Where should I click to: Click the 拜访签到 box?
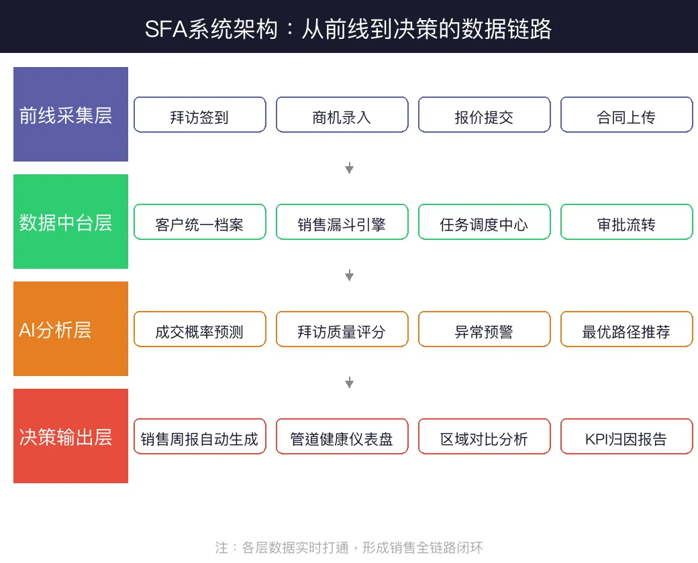(x=200, y=115)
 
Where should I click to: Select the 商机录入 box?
(x=342, y=115)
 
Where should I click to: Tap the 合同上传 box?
(x=626, y=115)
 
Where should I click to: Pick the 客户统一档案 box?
(x=200, y=222)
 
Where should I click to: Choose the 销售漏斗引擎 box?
(x=342, y=222)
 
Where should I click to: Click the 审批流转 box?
(x=626, y=222)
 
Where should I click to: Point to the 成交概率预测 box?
(x=200, y=329)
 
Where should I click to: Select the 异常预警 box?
(x=484, y=329)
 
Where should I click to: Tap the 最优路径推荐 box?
(x=626, y=329)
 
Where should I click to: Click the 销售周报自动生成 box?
(x=200, y=436)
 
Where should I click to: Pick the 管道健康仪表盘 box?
(x=342, y=436)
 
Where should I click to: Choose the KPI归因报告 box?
(x=626, y=436)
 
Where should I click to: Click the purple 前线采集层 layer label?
(x=70, y=115)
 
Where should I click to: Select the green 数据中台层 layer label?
(x=70, y=222)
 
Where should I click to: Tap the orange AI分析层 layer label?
(x=70, y=329)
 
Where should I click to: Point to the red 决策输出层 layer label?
(x=70, y=436)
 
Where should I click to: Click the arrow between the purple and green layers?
(x=349, y=168)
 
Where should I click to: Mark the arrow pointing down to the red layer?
(x=349, y=383)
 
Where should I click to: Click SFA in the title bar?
(x=163, y=29)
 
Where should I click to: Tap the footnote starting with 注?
(x=349, y=547)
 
